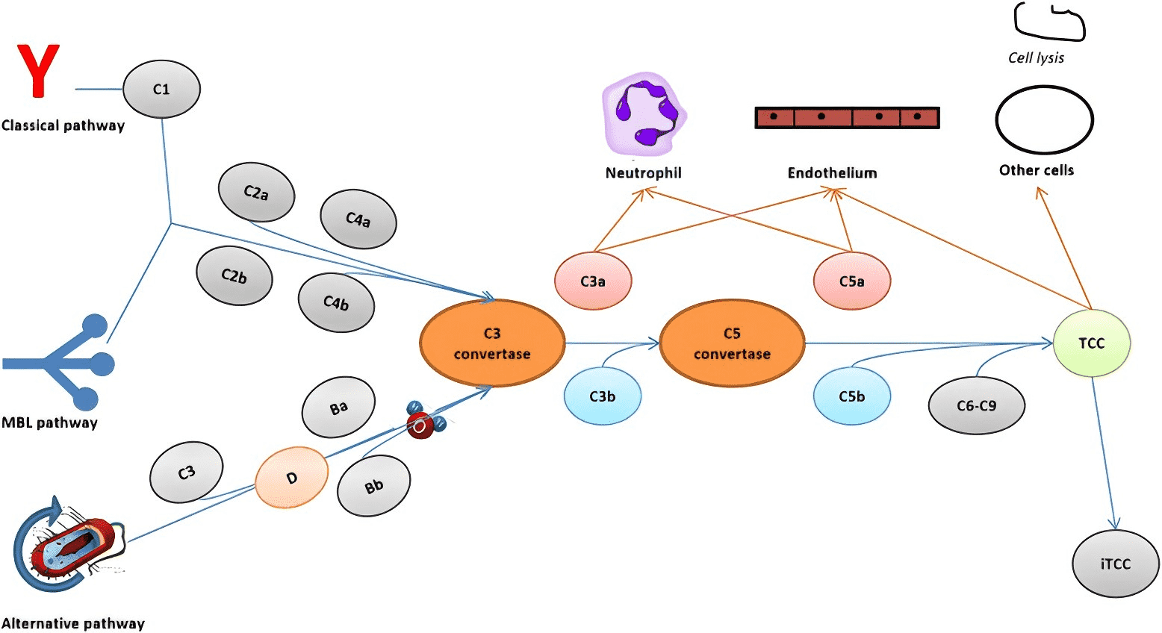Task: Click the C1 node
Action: pyautogui.click(x=161, y=90)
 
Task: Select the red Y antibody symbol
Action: pyautogui.click(x=38, y=71)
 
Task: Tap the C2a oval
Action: pyautogui.click(x=256, y=193)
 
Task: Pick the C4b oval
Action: pyautogui.click(x=336, y=302)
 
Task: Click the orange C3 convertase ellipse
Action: pyautogui.click(x=492, y=343)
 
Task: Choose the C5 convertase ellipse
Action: pyautogui.click(x=732, y=343)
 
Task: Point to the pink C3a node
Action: pyautogui.click(x=593, y=281)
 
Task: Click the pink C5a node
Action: pyautogui.click(x=851, y=281)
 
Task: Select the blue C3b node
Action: pyautogui.click(x=602, y=396)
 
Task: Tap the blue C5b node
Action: pyautogui.click(x=851, y=396)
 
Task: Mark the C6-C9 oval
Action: pyautogui.click(x=976, y=406)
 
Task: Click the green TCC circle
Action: pyautogui.click(x=1091, y=343)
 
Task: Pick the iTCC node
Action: pyautogui.click(x=1115, y=564)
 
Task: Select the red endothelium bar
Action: pyautogui.click(x=847, y=117)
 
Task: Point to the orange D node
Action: pyautogui.click(x=291, y=478)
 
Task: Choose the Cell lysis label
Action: pyautogui.click(x=1036, y=58)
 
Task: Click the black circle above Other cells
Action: pyautogui.click(x=1044, y=120)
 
